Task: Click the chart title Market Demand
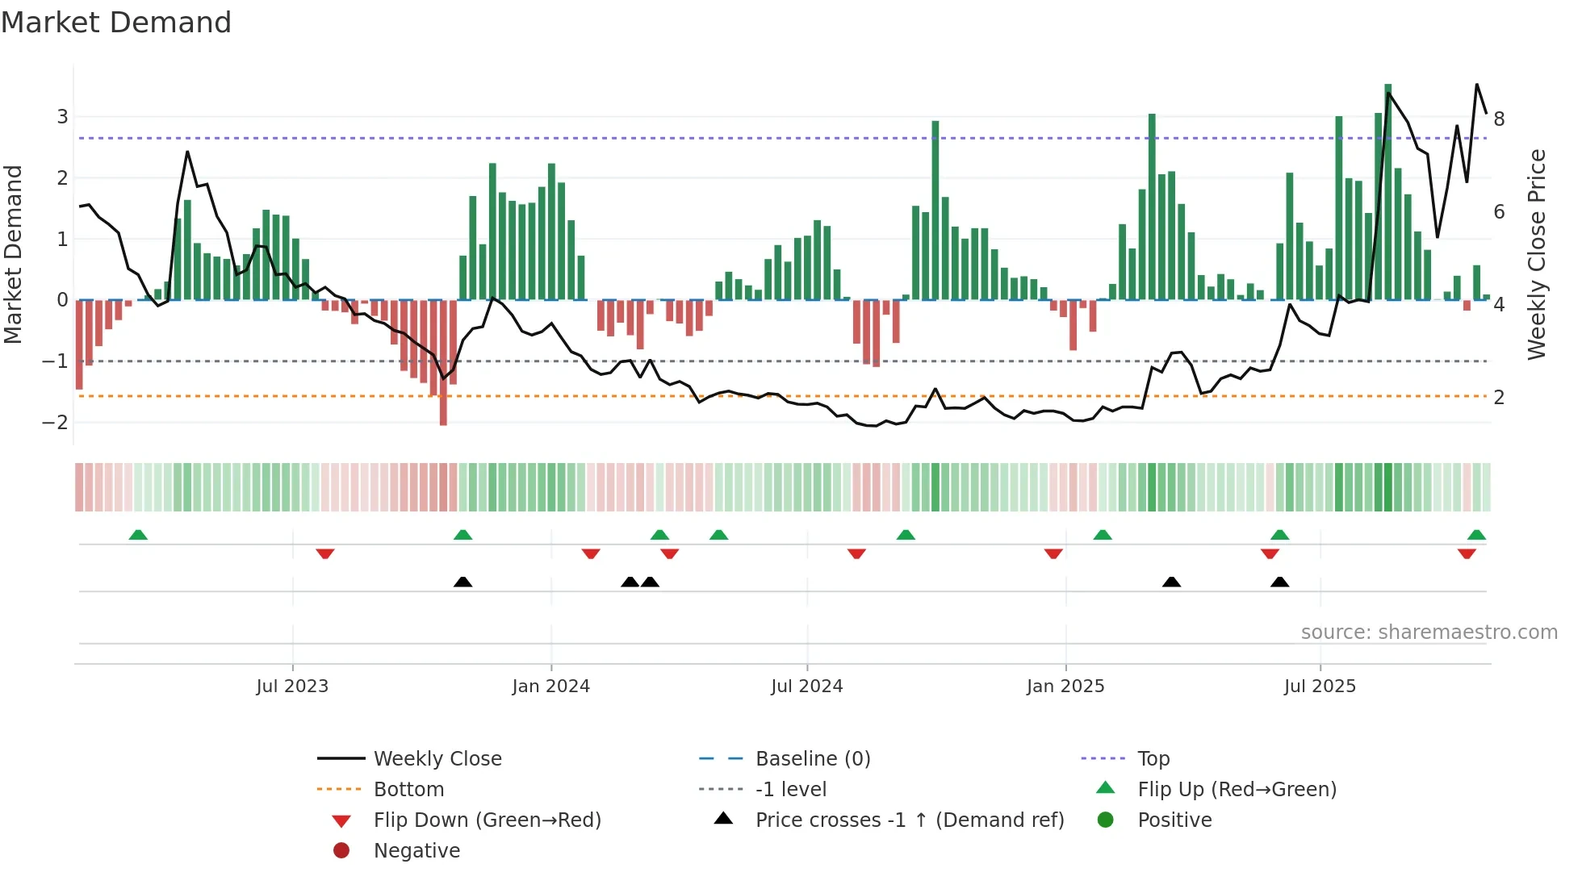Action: [116, 23]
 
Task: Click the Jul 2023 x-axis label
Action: [292, 687]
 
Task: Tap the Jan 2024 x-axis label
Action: [551, 687]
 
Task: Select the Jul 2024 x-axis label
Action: [806, 687]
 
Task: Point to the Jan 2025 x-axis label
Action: [1065, 687]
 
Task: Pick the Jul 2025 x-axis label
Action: [1320, 687]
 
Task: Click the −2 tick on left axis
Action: [55, 422]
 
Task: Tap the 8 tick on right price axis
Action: [1499, 119]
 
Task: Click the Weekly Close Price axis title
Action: [1537, 254]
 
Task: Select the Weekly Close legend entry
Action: [437, 759]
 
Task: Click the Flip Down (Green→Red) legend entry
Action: [487, 820]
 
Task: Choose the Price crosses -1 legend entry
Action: [909, 820]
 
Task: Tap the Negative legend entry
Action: [416, 851]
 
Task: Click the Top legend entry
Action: [1153, 759]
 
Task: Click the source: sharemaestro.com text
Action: [1429, 632]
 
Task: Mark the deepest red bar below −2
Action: [443, 363]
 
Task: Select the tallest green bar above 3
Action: [1388, 192]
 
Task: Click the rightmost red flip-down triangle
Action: [1467, 553]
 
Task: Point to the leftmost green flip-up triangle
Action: [138, 535]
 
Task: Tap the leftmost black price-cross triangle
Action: [462, 582]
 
